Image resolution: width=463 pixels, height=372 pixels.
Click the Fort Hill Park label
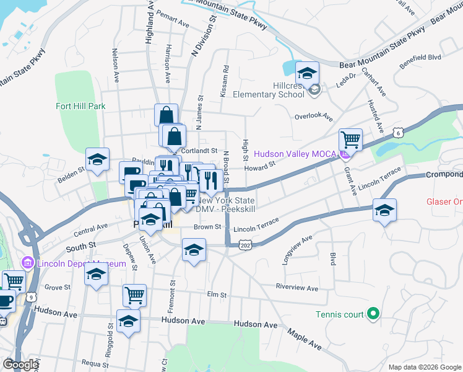pos(80,106)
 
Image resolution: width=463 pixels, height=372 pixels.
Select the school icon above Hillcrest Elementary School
pos(307,74)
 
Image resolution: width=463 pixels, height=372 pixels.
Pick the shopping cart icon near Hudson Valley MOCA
pos(351,140)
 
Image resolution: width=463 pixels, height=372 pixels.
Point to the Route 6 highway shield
pos(398,132)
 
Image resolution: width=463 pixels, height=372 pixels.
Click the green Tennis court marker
pos(373,314)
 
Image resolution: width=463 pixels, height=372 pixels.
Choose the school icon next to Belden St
pos(97,161)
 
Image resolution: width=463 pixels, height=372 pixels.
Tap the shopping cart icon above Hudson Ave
pos(134,296)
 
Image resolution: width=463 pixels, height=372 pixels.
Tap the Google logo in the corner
pos(20,365)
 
